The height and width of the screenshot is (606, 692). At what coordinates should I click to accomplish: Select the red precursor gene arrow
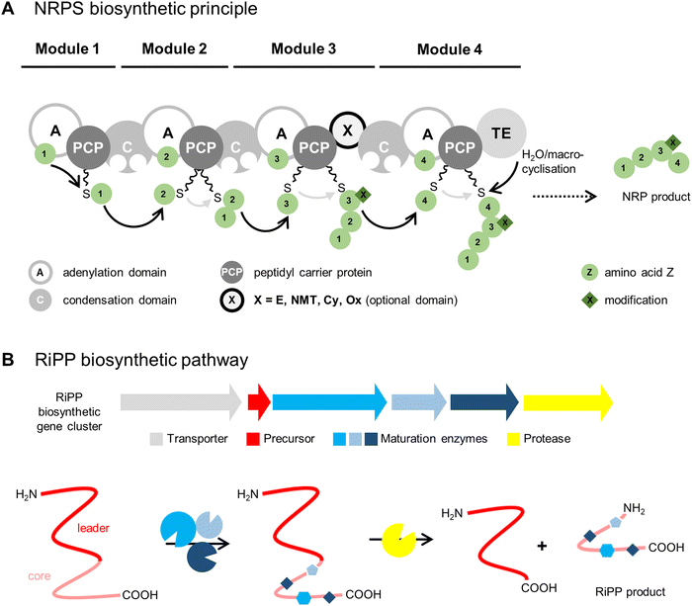click(x=258, y=401)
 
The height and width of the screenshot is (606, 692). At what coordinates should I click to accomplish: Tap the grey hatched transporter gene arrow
click(x=181, y=401)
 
